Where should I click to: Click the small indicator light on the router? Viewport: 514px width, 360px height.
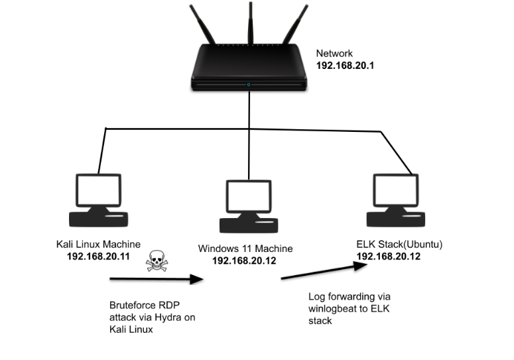click(x=249, y=85)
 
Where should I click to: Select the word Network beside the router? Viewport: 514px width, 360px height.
click(x=334, y=54)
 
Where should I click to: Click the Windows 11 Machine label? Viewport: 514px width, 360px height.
click(x=245, y=249)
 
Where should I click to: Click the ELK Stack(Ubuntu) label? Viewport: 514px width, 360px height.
click(x=399, y=245)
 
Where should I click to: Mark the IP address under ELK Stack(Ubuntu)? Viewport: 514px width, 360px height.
click(x=389, y=256)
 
